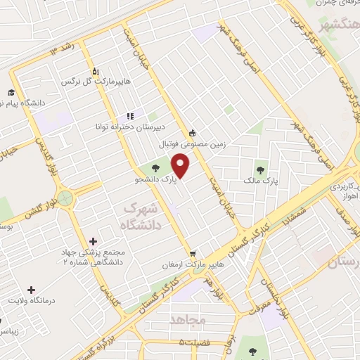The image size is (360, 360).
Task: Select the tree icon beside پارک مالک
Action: point(260,169)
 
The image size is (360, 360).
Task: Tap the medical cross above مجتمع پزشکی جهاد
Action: point(94,241)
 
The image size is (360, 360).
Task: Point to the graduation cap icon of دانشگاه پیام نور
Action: point(12,93)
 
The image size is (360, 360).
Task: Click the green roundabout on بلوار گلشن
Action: point(66,198)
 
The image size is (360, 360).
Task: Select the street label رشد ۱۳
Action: point(61,49)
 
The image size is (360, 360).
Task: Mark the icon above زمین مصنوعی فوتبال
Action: point(191,132)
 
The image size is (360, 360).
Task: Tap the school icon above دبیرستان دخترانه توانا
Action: point(129,116)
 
